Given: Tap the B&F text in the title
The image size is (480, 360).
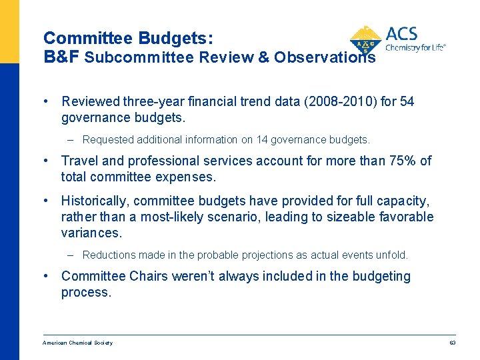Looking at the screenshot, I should [x=61, y=57].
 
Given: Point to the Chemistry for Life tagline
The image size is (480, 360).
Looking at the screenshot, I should [x=415, y=48].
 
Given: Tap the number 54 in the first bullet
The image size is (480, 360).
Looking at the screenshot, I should [x=407, y=102].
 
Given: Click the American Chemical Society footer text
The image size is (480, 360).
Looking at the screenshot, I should [x=77, y=343].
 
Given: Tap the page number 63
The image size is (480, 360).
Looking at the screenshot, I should [x=452, y=343].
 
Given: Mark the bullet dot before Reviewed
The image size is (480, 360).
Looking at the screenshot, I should [x=45, y=102].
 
